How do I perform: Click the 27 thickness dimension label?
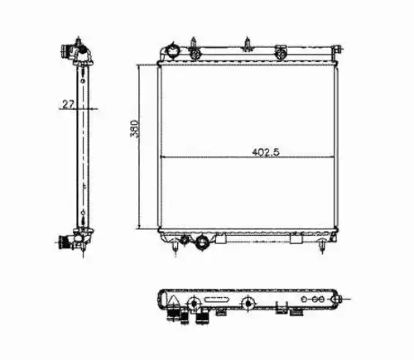coord(69,104)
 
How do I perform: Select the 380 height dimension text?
coord(134,128)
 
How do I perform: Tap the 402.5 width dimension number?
coord(266,152)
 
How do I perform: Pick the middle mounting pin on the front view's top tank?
coord(248,45)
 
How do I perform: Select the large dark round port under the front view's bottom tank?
coord(202,242)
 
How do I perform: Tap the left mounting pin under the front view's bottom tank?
coord(176,247)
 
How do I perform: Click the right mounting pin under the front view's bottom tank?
coord(321,246)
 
